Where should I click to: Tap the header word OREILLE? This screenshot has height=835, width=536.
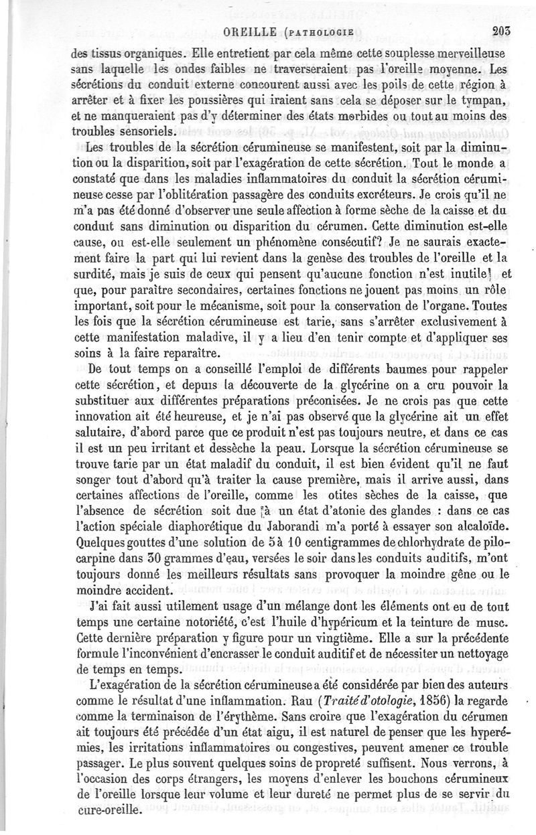pos(250,30)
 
